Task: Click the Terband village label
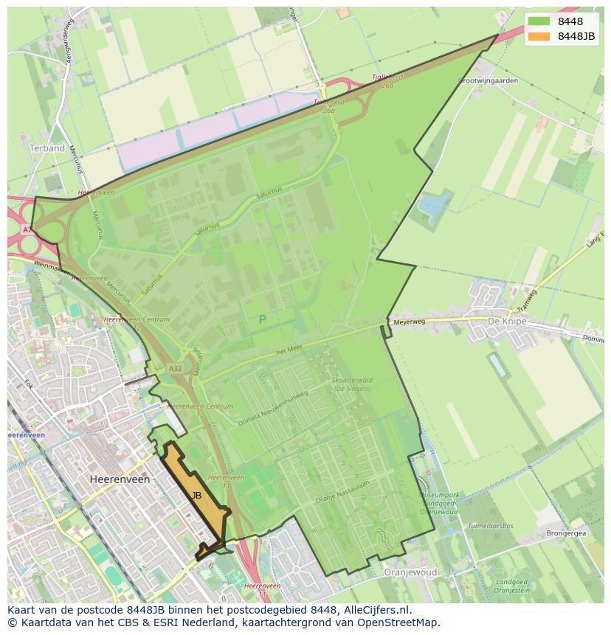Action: tap(47, 148)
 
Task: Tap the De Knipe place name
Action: tap(506, 322)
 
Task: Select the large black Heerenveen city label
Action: tap(120, 479)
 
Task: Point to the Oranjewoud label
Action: tap(411, 572)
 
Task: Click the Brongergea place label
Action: tap(566, 532)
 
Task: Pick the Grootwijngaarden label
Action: tap(489, 80)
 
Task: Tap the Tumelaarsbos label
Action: tap(490, 526)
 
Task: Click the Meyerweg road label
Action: tap(410, 322)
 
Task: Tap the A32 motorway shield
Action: tap(175, 368)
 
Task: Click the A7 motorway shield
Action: tap(27, 230)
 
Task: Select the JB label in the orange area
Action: tap(196, 496)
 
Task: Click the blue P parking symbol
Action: tap(262, 319)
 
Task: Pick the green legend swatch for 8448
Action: tap(539, 22)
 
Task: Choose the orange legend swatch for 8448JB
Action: tap(539, 36)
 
